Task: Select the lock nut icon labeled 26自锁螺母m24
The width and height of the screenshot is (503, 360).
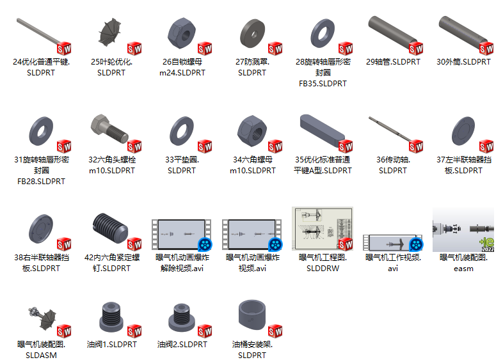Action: point(182,31)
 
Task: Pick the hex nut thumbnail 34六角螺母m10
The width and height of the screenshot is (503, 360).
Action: point(251,130)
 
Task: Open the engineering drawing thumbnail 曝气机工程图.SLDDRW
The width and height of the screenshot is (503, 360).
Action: point(322,228)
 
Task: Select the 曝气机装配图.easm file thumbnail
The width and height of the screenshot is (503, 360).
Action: point(463,228)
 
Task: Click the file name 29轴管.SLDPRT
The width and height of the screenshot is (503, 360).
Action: point(393,62)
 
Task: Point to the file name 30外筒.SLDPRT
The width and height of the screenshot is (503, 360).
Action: point(463,62)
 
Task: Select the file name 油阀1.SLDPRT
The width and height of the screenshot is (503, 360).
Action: point(112,344)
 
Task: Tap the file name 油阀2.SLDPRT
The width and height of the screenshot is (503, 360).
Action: point(182,344)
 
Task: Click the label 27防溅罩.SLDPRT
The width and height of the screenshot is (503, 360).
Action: point(252,67)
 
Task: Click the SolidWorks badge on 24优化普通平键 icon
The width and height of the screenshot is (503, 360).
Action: point(63,49)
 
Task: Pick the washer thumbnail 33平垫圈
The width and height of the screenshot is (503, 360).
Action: point(181,130)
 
